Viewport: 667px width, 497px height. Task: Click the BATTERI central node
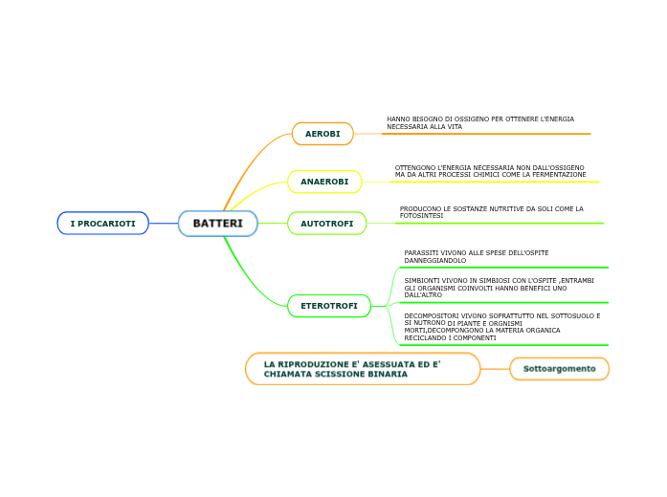[x=218, y=224]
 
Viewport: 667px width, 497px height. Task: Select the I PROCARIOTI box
[x=102, y=224]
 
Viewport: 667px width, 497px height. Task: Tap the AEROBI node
[x=322, y=134]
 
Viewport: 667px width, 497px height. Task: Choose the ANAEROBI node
[x=324, y=182]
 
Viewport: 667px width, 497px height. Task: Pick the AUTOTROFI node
[x=326, y=224]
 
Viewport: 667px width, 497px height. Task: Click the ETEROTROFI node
[x=329, y=306]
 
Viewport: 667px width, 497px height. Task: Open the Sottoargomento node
[x=559, y=368]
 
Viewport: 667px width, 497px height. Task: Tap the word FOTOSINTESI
[x=421, y=216]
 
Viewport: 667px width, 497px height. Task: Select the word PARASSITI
[x=421, y=252]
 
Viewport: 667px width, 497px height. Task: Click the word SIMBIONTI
[x=422, y=281]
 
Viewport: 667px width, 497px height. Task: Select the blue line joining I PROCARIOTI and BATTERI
[x=164, y=224]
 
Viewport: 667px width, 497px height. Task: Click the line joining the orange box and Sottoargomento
[x=495, y=368]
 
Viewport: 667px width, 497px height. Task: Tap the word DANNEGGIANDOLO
[x=435, y=260]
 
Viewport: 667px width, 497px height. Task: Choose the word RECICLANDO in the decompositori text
[x=425, y=337]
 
